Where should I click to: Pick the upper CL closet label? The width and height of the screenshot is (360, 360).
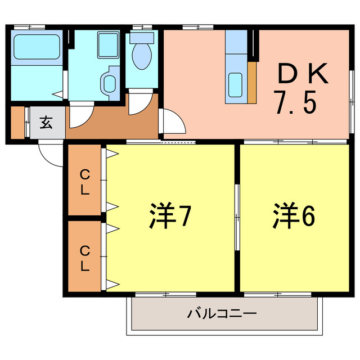(84, 181)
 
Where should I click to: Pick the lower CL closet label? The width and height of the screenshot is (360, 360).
(84, 258)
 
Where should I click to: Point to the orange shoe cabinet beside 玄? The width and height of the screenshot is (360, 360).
(19, 123)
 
